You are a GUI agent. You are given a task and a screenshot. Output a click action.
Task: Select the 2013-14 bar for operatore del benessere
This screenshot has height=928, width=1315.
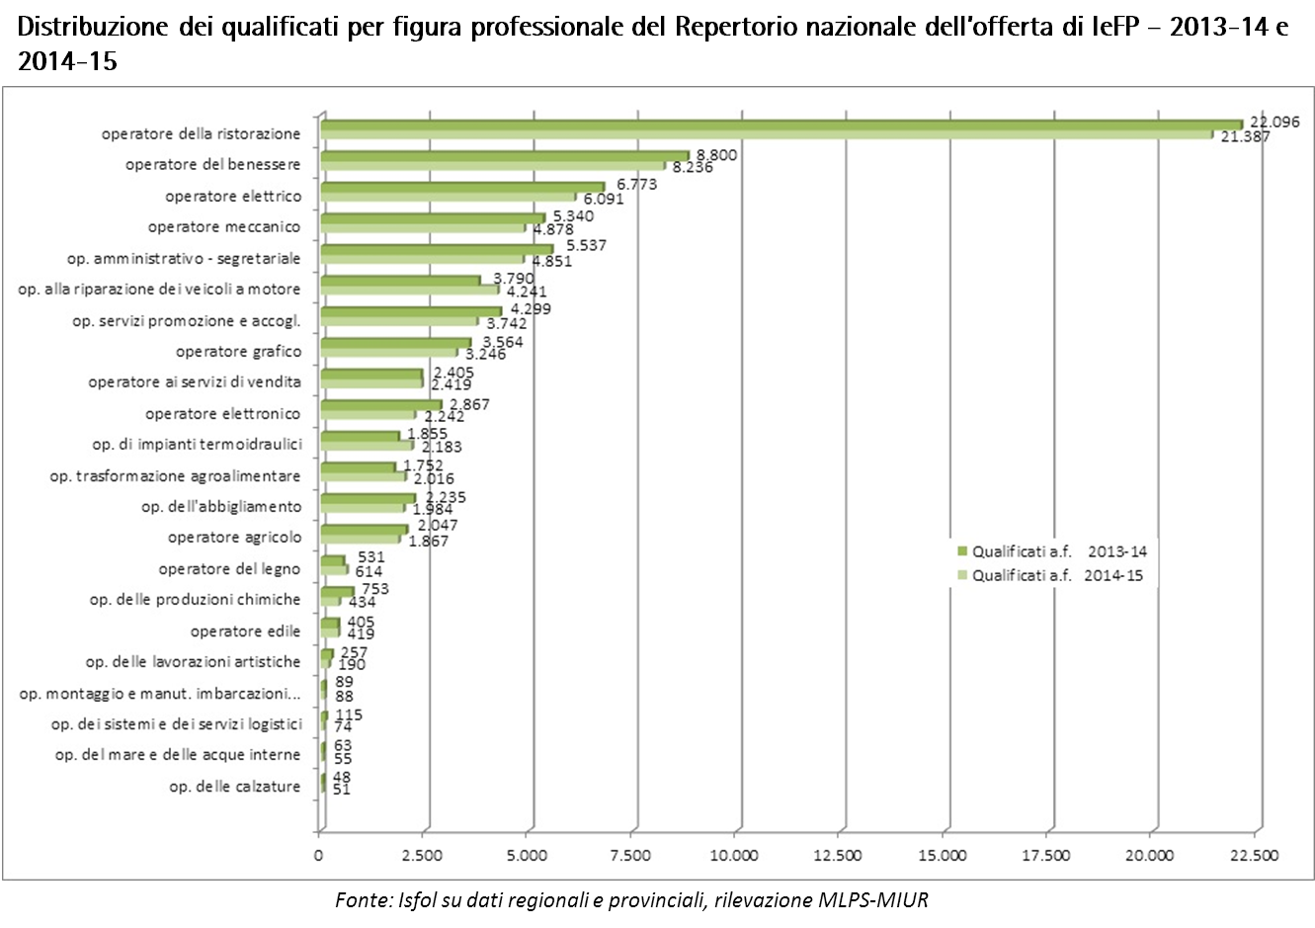coord(504,156)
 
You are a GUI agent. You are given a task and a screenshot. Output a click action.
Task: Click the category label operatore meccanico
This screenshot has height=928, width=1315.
coord(224,227)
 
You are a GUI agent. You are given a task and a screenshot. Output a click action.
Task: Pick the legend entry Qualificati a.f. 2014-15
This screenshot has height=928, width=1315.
coord(1056,575)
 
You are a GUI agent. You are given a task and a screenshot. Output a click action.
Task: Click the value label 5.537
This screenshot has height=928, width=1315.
coord(586,246)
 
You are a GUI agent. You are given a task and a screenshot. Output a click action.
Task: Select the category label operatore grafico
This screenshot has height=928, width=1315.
coord(238,352)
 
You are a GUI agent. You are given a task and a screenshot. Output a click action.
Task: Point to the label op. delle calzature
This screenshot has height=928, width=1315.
coord(234,787)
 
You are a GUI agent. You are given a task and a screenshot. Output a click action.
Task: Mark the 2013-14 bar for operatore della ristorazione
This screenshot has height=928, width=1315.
coord(781,125)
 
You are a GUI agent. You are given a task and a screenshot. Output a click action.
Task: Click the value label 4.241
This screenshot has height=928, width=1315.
coord(526,293)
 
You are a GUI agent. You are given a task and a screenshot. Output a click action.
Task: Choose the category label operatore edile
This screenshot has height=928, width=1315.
coord(245,632)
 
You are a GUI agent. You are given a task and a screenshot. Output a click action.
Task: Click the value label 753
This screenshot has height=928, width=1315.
coord(375,589)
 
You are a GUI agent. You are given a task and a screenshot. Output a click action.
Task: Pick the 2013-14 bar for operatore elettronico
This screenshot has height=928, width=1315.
coord(380,405)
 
